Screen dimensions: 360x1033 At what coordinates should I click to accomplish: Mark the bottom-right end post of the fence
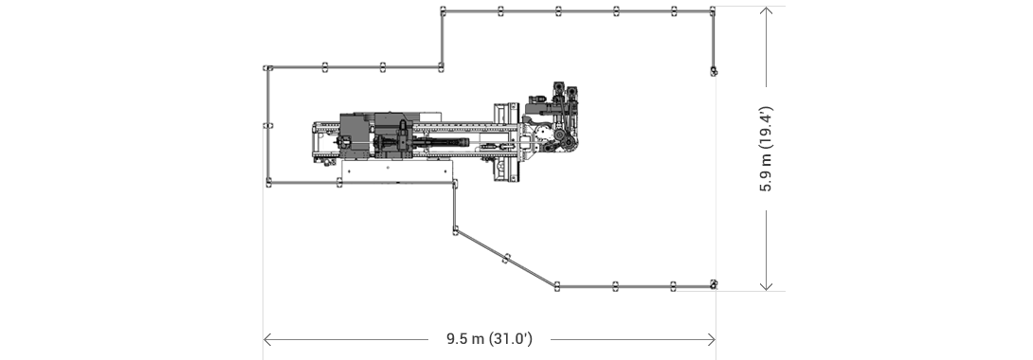point(713,284)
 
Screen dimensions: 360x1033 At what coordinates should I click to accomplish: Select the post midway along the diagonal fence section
point(507,257)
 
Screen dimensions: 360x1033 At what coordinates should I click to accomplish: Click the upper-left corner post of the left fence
point(268,68)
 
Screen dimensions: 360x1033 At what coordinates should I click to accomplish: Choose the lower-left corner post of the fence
point(268,182)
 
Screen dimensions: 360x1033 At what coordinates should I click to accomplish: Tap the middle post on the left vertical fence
point(268,125)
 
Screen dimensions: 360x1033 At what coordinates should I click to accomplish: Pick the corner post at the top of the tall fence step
point(443,11)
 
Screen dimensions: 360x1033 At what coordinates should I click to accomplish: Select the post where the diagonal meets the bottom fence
point(558,285)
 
